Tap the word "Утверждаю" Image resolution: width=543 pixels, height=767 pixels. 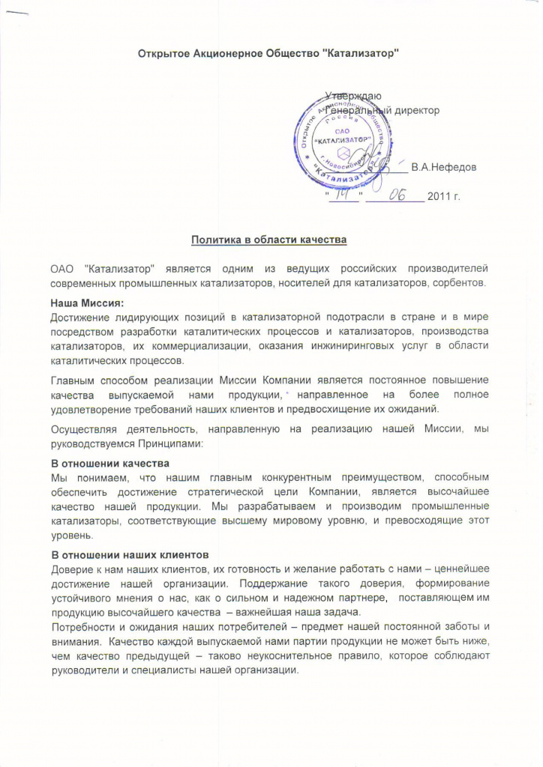pyautogui.click(x=354, y=96)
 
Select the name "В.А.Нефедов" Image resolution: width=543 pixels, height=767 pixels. pyautogui.click(x=443, y=167)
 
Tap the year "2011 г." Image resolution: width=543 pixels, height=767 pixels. pyautogui.click(x=443, y=196)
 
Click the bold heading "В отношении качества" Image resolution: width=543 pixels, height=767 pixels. pyautogui.click(x=109, y=463)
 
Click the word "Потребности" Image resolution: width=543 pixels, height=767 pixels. pyautogui.click(x=79, y=627)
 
